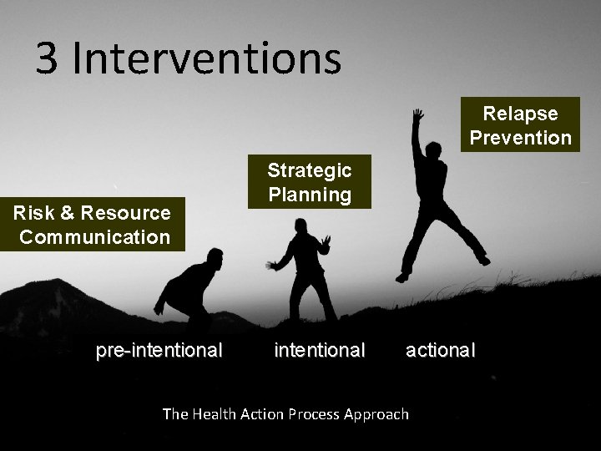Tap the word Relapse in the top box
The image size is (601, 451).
(x=520, y=114)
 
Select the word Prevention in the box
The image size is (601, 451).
(x=520, y=137)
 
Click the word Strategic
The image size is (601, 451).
(x=309, y=170)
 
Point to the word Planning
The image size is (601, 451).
(x=309, y=194)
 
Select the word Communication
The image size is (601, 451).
(x=94, y=236)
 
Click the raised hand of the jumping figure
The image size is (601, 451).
(x=415, y=114)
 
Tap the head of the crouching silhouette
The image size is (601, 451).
(x=215, y=255)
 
